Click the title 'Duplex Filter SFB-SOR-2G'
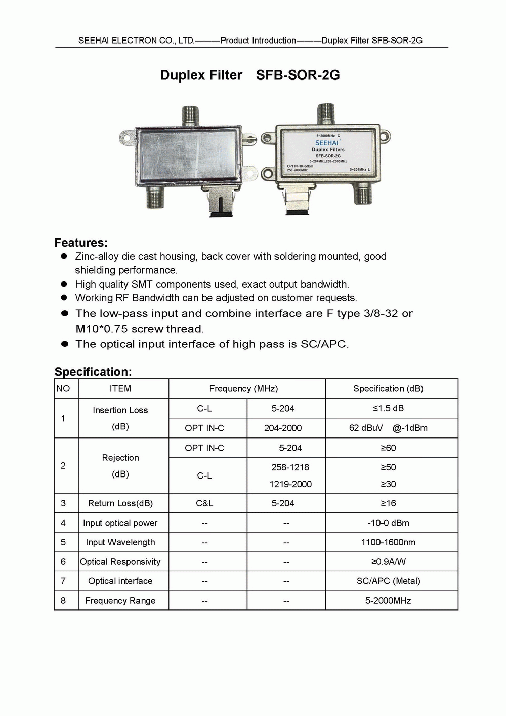(x=250, y=75)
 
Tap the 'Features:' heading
(x=81, y=243)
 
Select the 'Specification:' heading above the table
(x=93, y=372)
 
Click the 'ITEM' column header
(x=120, y=389)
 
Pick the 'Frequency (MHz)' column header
(x=243, y=389)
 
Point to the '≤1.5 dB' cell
(x=388, y=408)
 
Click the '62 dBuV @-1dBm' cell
(x=388, y=428)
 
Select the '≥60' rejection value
(x=388, y=448)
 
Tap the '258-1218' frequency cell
(x=290, y=467)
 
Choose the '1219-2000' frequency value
(x=290, y=484)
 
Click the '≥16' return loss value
(x=388, y=503)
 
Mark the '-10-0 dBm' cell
(x=388, y=523)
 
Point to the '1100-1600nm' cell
(x=388, y=542)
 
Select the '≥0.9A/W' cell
(x=388, y=562)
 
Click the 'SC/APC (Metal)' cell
(x=388, y=581)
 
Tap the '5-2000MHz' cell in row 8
(x=388, y=601)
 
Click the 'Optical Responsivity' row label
(x=120, y=562)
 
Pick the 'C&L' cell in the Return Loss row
(x=204, y=503)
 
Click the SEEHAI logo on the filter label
(x=327, y=143)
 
